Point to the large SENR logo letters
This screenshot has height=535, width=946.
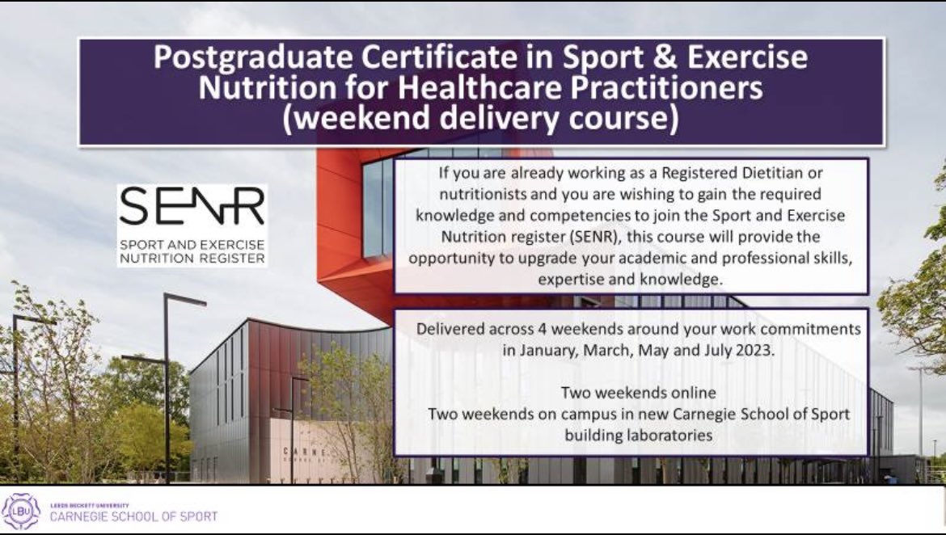coord(192,209)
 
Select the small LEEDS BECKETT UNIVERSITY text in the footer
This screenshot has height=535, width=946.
coord(90,506)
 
